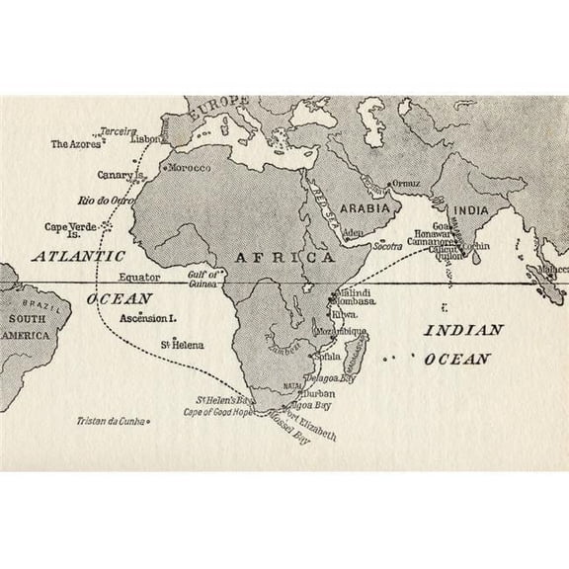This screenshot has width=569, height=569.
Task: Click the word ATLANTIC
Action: pyautogui.click(x=69, y=255)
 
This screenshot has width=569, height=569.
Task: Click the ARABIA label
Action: pyautogui.click(x=368, y=208)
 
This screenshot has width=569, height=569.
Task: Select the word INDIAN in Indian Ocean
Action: pyautogui.click(x=463, y=330)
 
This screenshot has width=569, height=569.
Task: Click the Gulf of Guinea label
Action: pyautogui.click(x=205, y=279)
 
